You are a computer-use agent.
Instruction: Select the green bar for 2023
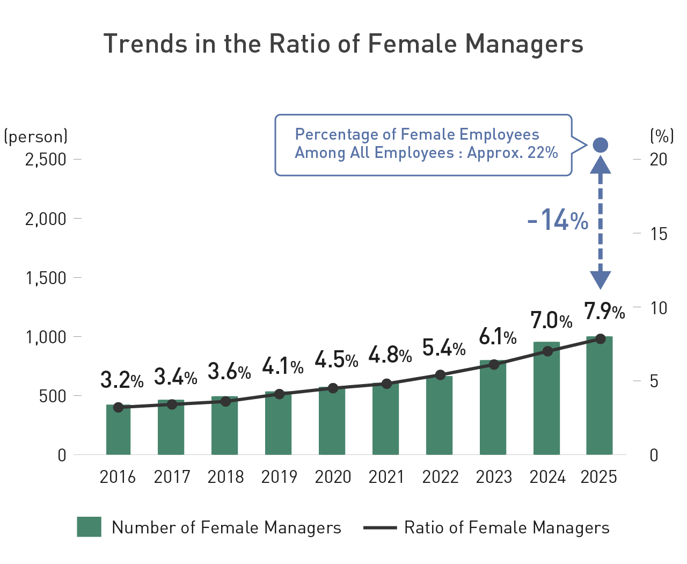pyautogui.click(x=493, y=408)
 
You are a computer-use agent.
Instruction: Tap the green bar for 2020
pyautogui.click(x=332, y=422)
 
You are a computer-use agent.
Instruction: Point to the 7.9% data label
pyautogui.click(x=604, y=311)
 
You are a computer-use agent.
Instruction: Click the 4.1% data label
pyautogui.click(x=282, y=366)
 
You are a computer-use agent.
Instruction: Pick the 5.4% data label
pyautogui.click(x=443, y=348)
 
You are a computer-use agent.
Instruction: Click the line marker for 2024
pyautogui.click(x=547, y=351)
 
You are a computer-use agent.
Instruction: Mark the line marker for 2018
pyautogui.click(x=225, y=401)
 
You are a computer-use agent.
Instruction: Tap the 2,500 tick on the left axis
pyautogui.click(x=46, y=160)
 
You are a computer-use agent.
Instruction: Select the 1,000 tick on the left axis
pyautogui.click(x=46, y=337)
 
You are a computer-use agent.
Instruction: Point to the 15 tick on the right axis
pyautogui.click(x=659, y=234)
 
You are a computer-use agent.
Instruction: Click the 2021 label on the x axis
pyautogui.click(x=386, y=477)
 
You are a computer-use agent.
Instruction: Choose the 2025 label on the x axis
pyautogui.click(x=599, y=477)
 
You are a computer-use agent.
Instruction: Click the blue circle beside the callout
pyautogui.click(x=600, y=145)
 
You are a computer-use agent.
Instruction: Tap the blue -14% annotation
pyautogui.click(x=558, y=220)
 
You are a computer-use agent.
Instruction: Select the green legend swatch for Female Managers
pyautogui.click(x=89, y=527)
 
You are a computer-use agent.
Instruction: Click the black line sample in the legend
pyautogui.click(x=380, y=528)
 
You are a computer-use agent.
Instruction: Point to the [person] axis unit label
pyautogui.click(x=36, y=136)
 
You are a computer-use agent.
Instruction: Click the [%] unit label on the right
pyautogui.click(x=661, y=136)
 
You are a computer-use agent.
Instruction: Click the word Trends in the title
pyautogui.click(x=145, y=44)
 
